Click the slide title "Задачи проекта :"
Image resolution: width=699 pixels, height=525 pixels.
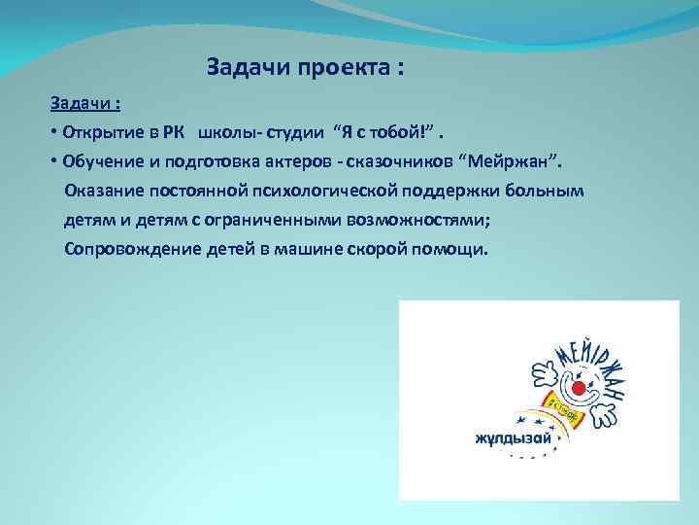[x=305, y=69]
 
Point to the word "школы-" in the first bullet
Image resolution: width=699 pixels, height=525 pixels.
[x=225, y=131]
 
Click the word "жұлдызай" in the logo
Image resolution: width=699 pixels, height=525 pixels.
[x=513, y=437]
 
